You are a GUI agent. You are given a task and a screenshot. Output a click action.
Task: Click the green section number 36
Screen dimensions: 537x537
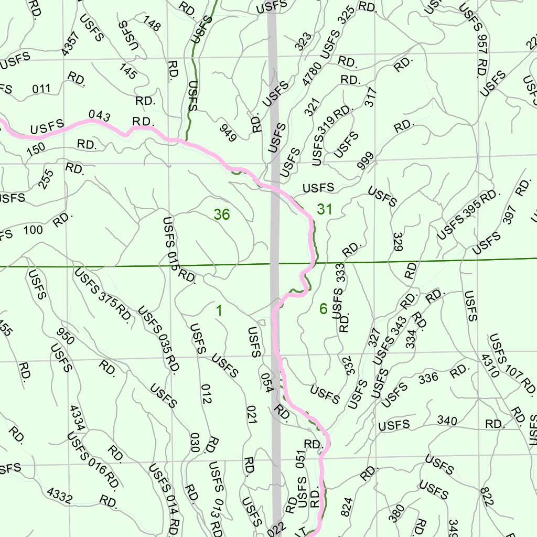coord(222,214)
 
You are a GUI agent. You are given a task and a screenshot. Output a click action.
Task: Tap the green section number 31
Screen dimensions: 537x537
coord(325,210)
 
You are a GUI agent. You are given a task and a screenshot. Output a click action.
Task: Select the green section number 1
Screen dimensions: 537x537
coord(219,311)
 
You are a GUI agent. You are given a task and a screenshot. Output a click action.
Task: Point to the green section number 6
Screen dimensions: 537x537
coord(323,309)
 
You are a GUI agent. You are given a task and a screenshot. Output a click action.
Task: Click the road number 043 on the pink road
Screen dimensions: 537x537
coord(99,115)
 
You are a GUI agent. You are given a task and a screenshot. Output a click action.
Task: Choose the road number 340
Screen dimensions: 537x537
coord(447,421)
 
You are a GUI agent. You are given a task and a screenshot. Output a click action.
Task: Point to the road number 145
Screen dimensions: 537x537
coord(127,71)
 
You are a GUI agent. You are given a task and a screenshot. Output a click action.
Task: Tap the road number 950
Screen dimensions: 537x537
coord(66,338)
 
